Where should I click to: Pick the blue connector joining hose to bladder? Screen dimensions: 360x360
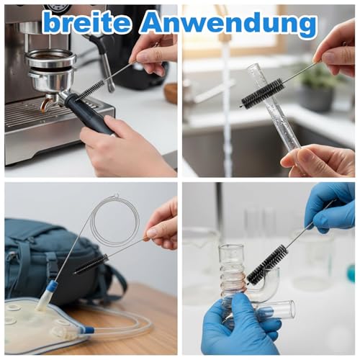click(x=86, y=329)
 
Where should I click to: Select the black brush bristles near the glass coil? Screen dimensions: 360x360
click(x=267, y=264)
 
